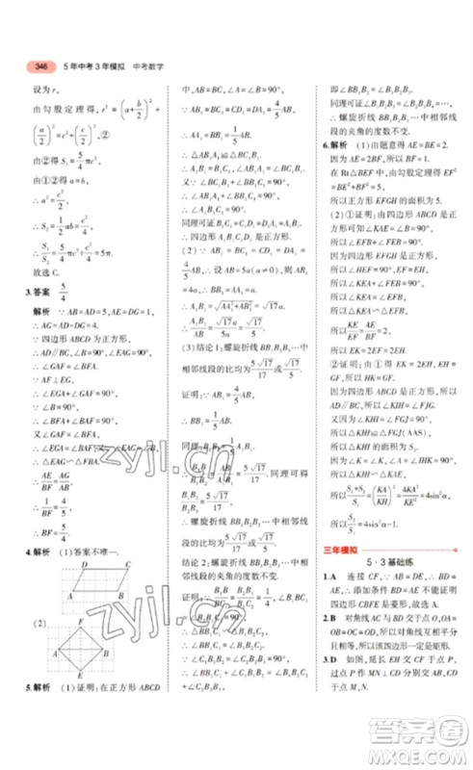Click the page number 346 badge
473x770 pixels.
pyautogui.click(x=40, y=66)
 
